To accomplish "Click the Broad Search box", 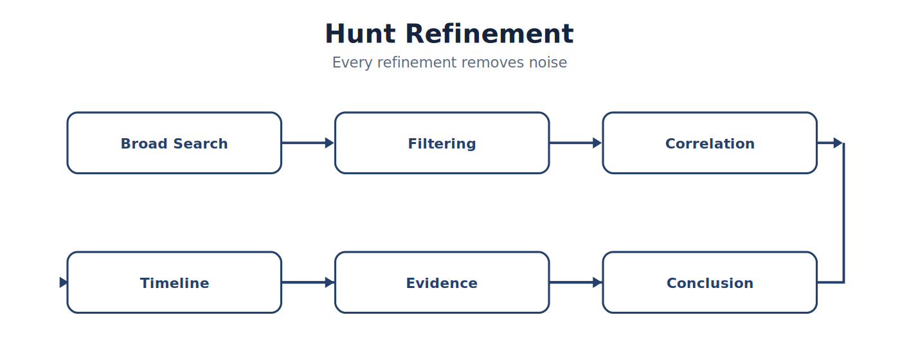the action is click(174, 143).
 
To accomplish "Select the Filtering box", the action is click(442, 143).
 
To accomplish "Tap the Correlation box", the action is click(710, 143).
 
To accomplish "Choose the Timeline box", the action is click(174, 282).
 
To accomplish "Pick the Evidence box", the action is click(442, 282).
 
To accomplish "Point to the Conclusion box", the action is click(710, 282).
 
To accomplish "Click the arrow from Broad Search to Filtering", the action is click(308, 143).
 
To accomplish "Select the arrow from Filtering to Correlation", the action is click(575, 143).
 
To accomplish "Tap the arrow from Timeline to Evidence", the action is click(308, 282).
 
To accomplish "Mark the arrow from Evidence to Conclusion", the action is click(575, 282).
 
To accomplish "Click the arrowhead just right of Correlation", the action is click(838, 143).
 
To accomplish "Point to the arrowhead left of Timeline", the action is click(63, 282).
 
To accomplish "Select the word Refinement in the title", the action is click(489, 33).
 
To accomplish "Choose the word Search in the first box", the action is click(201, 143).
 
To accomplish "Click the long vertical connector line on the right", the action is click(843, 213).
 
